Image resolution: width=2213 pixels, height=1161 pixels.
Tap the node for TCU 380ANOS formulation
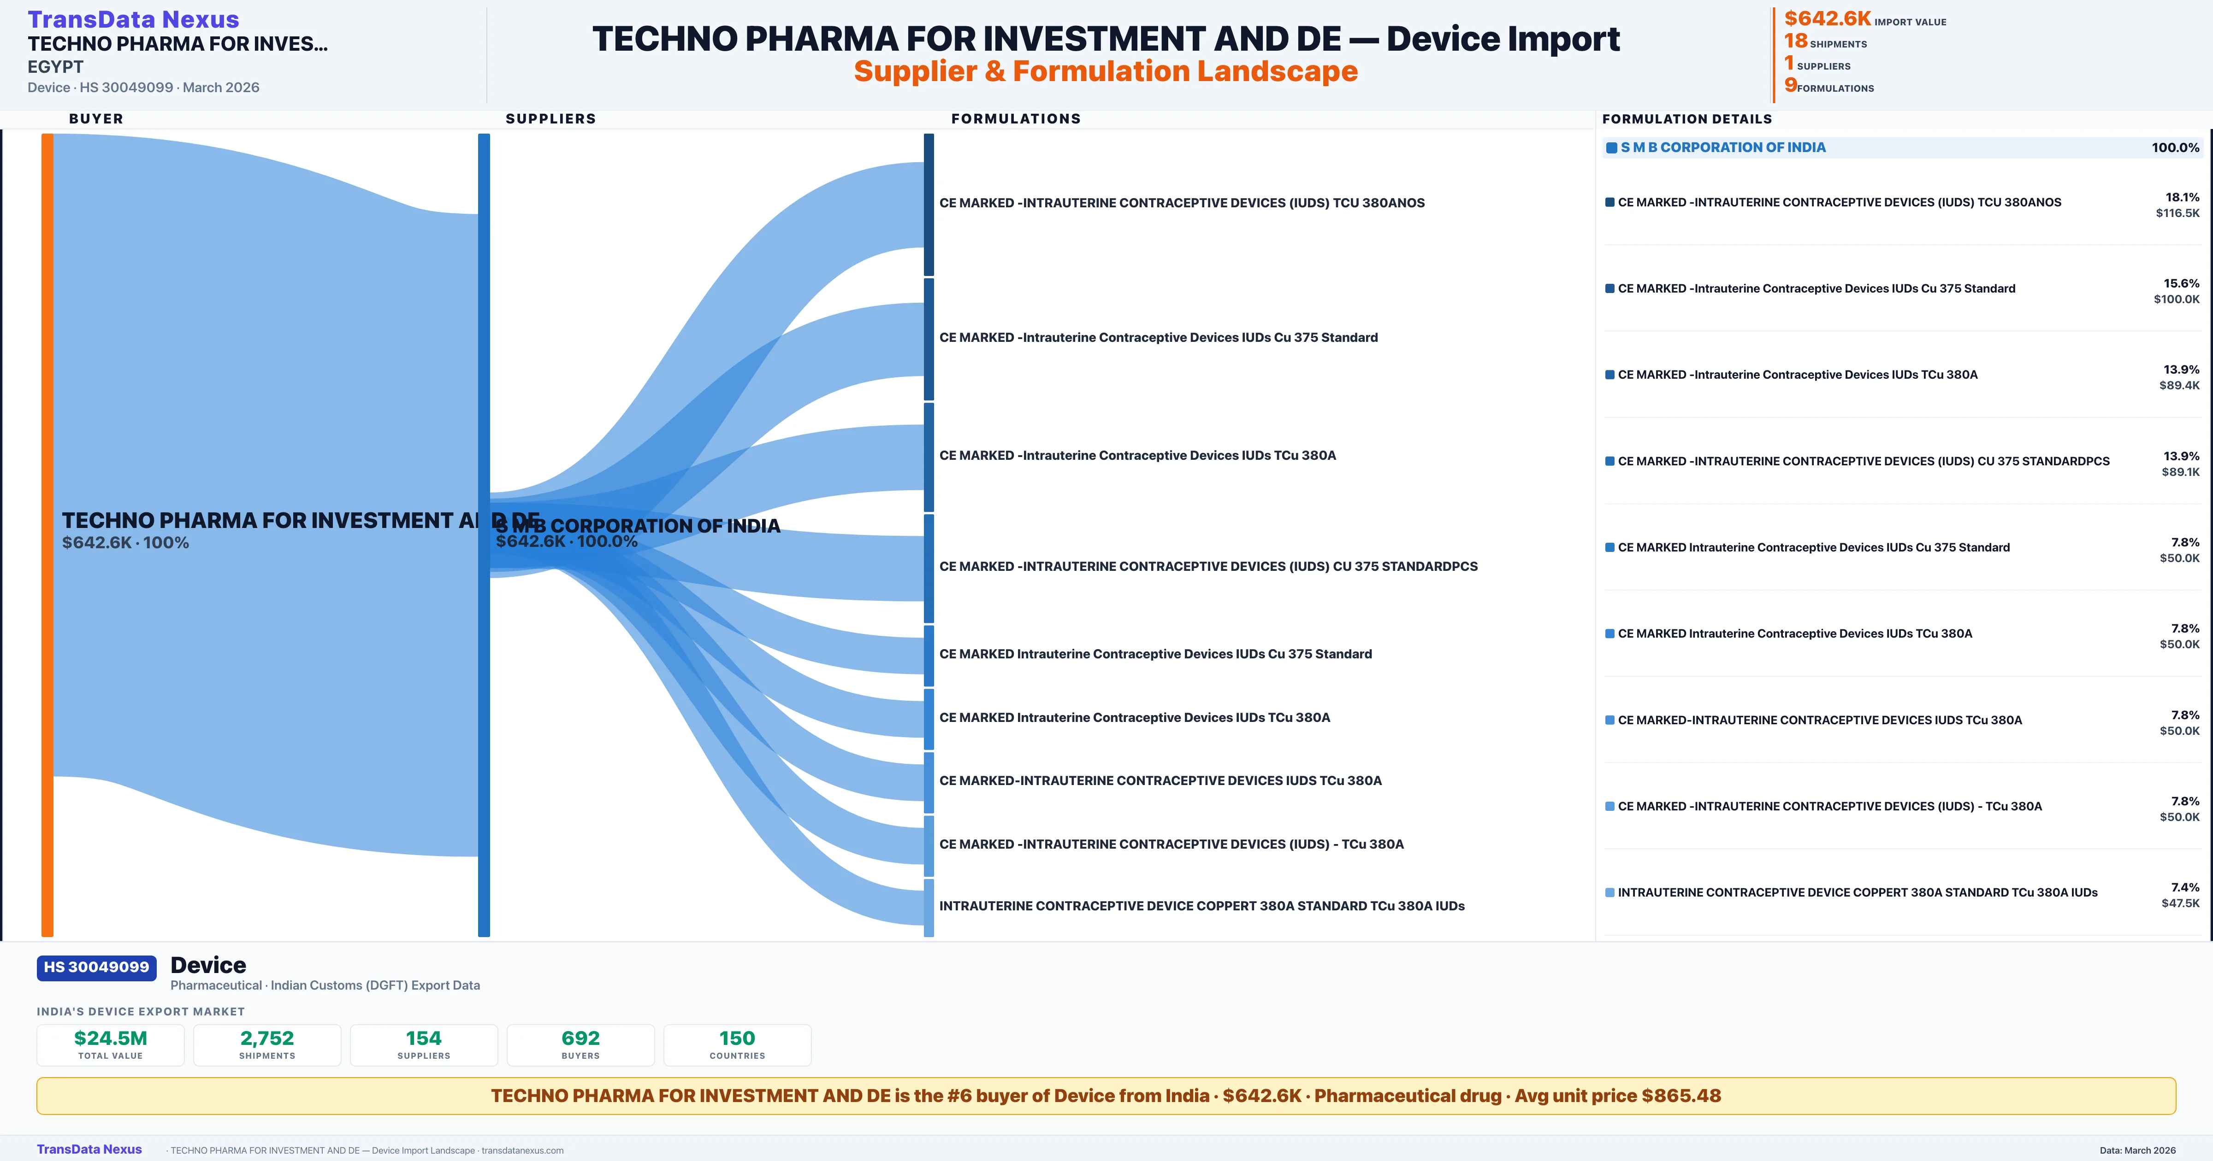point(929,205)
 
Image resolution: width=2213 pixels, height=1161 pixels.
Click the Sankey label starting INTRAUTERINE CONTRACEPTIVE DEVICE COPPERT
point(1201,906)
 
